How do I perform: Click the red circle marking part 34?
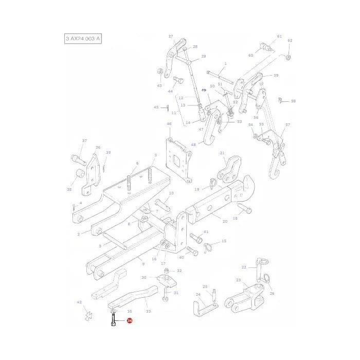point(129,321)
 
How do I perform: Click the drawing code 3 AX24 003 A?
point(82,39)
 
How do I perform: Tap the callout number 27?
point(171,37)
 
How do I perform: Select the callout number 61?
point(279,37)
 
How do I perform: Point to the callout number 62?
point(290,41)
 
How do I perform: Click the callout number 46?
point(169,124)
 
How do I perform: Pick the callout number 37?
point(84,141)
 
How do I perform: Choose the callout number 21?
point(222,153)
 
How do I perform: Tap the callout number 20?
point(225,222)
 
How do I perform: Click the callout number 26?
point(272,294)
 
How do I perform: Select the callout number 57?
point(287,125)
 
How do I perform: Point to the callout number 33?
point(148,312)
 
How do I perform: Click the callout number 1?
point(225,63)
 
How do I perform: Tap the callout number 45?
point(156,107)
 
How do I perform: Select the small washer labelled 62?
point(288,56)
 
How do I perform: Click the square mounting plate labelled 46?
point(177,159)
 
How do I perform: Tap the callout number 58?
point(293,101)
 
